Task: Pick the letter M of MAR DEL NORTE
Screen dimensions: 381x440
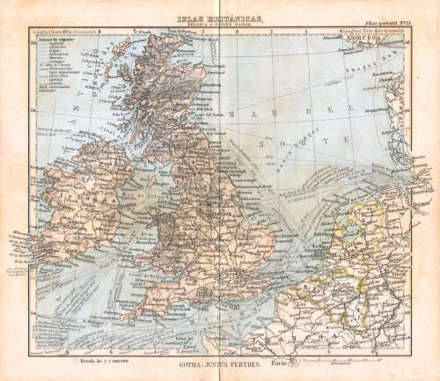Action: (232, 114)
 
